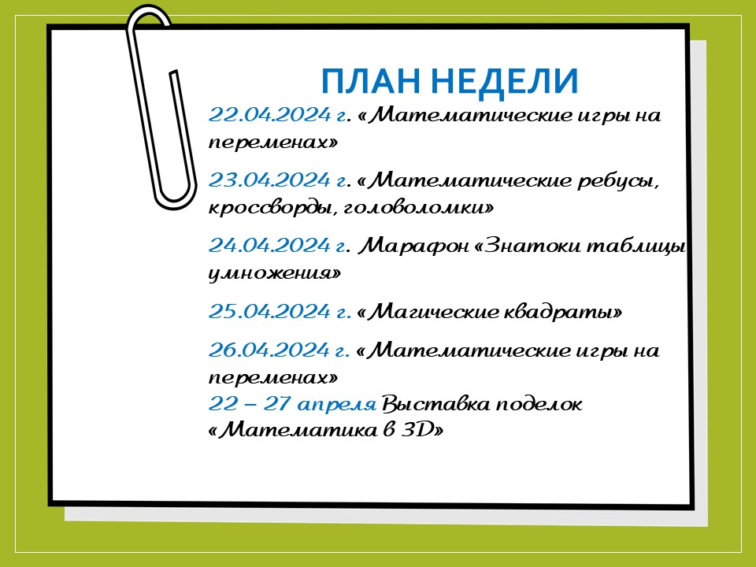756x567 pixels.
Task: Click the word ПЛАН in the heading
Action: tap(370, 81)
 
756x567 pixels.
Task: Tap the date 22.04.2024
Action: tap(269, 115)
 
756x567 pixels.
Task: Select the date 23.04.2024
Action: tap(269, 180)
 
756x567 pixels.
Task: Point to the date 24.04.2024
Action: tap(269, 246)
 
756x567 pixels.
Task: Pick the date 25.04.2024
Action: tap(269, 311)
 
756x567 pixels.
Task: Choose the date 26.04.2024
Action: tap(269, 350)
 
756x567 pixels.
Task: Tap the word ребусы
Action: tap(618, 181)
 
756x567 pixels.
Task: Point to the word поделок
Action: tap(539, 404)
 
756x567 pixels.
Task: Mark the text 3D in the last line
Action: tap(417, 429)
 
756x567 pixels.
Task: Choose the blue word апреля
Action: tap(336, 404)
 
